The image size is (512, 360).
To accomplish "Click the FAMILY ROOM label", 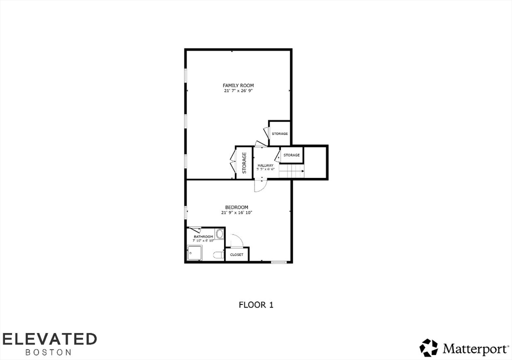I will pos(238,85).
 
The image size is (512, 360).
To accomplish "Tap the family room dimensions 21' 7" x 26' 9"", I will pos(238,91).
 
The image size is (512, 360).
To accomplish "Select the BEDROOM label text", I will pos(236,207).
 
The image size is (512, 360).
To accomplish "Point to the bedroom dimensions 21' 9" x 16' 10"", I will pos(236,212).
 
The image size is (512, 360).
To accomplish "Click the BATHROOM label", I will pos(203,236).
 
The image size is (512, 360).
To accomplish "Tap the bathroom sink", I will pos(219,234).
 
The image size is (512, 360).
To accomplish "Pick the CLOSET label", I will pos(237,255).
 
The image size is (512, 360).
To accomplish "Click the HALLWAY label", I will pos(265,165).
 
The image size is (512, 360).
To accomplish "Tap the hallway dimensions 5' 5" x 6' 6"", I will pos(265,169).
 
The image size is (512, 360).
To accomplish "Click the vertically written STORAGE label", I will pos(244,162).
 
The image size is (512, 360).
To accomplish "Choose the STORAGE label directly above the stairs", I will pos(291,155).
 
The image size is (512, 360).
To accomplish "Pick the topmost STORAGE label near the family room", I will pos(279,133).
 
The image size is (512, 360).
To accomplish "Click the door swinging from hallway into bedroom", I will pos(260,185).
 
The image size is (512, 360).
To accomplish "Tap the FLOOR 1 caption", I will pos(256,304).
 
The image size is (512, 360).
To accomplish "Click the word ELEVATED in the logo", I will pos(49,338).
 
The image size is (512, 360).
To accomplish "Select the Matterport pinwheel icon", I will pos(428,347).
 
